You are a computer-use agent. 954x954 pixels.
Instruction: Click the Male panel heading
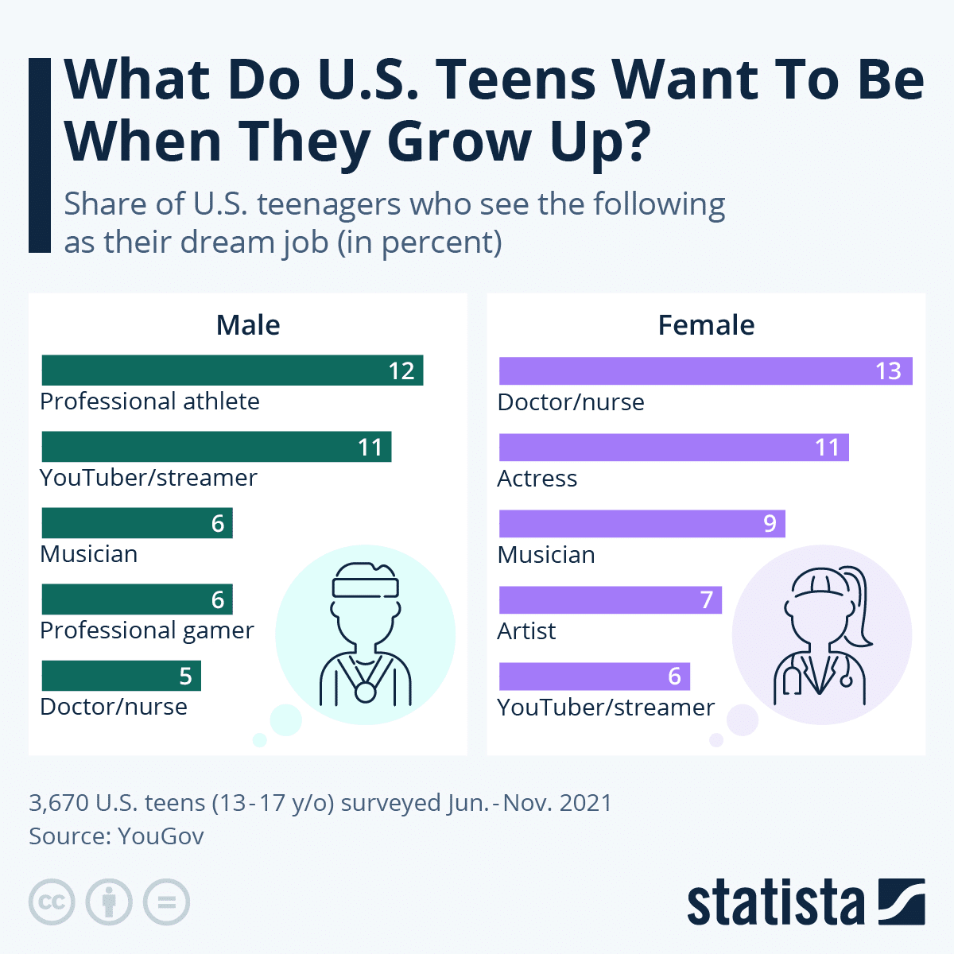pos(248,325)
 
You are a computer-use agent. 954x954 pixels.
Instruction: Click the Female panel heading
pos(706,325)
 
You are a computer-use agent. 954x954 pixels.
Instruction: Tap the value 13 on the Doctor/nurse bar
pos(888,371)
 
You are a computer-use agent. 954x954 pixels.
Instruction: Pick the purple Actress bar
pos(673,448)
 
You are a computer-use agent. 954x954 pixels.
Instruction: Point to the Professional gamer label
pos(147,630)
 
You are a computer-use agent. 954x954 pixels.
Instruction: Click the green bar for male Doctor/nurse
pos(121,676)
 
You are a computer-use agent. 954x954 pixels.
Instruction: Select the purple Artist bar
pos(610,600)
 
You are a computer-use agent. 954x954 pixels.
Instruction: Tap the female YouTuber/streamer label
pos(606,708)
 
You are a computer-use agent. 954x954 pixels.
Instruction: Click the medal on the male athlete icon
pos(365,692)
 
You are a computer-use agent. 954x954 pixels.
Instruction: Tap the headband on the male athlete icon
pos(366,587)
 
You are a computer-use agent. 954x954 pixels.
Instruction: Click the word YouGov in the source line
pos(161,836)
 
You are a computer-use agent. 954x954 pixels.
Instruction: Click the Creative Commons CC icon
pos(52,902)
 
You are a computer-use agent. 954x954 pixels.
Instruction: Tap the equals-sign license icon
pos(166,902)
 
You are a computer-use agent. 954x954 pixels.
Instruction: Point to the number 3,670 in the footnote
pos(59,803)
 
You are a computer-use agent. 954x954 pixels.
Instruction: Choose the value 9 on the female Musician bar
pos(770,524)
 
